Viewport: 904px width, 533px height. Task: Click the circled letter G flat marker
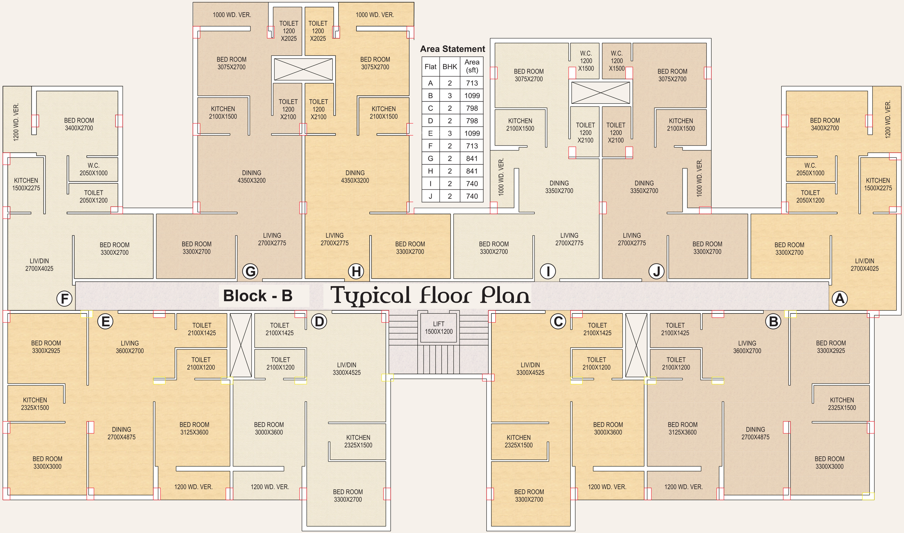[x=250, y=271]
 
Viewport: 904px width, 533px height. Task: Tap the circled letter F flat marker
[x=65, y=298]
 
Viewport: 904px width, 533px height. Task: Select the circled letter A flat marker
[x=840, y=298]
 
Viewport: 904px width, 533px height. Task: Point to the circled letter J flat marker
[x=656, y=271]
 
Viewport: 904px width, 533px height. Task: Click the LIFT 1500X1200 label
[x=439, y=327]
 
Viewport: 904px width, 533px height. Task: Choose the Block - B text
[x=258, y=296]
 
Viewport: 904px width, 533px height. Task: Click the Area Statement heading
[x=452, y=49]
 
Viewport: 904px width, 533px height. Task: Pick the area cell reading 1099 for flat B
[x=472, y=96]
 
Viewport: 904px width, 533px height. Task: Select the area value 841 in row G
[x=472, y=158]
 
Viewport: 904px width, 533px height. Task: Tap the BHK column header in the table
[x=449, y=67]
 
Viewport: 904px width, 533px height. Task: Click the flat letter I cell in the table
[x=430, y=183]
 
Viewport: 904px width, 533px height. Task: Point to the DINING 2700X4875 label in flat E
[x=121, y=433]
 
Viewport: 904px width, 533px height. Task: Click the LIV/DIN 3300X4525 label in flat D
[x=346, y=369]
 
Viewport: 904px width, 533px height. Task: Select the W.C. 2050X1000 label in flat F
[x=93, y=169]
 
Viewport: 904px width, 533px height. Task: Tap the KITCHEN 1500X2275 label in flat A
[x=878, y=184]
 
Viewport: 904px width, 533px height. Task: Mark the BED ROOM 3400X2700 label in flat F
[x=79, y=124]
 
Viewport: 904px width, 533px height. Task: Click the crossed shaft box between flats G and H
[x=303, y=69]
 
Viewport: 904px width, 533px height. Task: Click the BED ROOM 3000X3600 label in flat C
[x=608, y=428]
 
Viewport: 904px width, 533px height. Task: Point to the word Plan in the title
[x=505, y=295]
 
